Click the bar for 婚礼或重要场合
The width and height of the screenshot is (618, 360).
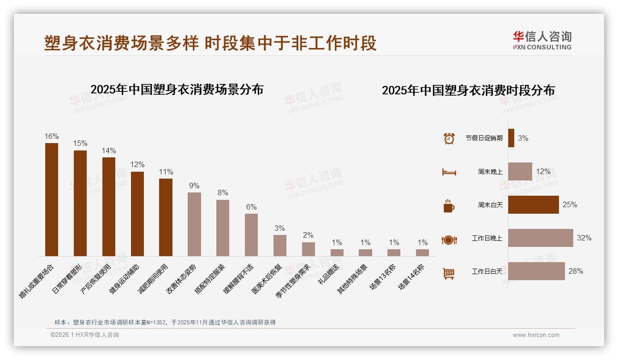pyautogui.click(x=52, y=199)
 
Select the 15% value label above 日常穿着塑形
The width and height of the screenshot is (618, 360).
pyautogui.click(x=80, y=144)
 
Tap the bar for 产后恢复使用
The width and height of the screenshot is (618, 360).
pyautogui.click(x=109, y=206)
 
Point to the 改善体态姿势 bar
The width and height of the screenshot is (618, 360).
pyautogui.click(x=194, y=224)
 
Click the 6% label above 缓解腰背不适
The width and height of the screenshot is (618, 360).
pyautogui.click(x=251, y=207)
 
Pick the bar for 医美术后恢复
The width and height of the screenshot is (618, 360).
pyautogui.click(x=280, y=245)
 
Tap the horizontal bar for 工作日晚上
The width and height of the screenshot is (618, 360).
pyautogui.click(x=541, y=238)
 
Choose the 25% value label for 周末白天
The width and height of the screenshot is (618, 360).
pyautogui.click(x=570, y=205)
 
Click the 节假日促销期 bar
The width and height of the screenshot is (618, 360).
pyautogui.click(x=511, y=138)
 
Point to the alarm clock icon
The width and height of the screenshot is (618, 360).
pyautogui.click(x=449, y=138)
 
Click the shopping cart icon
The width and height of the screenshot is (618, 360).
pyautogui.click(x=449, y=273)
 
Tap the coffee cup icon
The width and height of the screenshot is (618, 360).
pyautogui.click(x=449, y=206)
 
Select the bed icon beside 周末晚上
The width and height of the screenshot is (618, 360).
pyautogui.click(x=449, y=172)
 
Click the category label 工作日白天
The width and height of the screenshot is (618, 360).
pyautogui.click(x=487, y=271)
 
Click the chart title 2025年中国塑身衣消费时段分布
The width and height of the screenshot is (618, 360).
pyautogui.click(x=468, y=90)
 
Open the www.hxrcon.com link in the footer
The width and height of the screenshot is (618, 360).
pyautogui.click(x=536, y=335)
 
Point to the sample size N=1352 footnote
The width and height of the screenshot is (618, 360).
pyautogui.click(x=165, y=323)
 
